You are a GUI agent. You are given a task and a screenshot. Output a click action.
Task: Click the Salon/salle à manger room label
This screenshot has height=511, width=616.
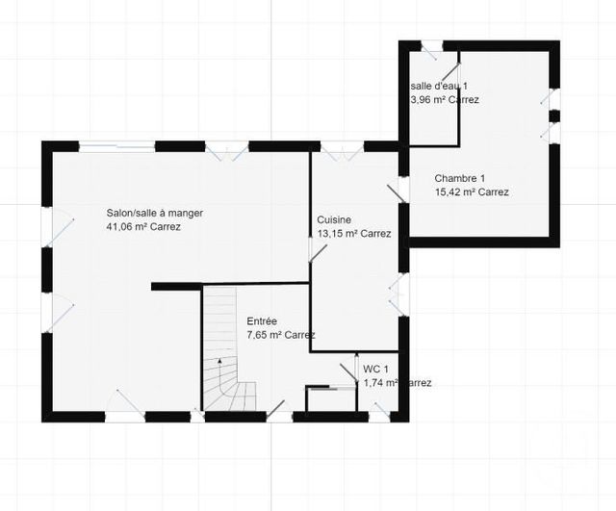[x=154, y=214]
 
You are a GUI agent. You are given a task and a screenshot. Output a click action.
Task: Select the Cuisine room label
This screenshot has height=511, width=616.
[x=334, y=219]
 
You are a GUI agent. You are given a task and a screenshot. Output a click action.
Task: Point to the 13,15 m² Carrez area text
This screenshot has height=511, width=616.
[x=353, y=234]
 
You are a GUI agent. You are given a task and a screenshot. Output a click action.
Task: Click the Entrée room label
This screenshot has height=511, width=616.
[x=262, y=320]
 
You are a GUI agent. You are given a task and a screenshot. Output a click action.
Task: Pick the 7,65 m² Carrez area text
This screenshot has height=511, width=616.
[x=280, y=335]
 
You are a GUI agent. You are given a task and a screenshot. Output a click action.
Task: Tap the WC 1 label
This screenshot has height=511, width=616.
[x=375, y=369]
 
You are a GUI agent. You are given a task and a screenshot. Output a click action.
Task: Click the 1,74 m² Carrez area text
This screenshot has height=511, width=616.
[x=397, y=383]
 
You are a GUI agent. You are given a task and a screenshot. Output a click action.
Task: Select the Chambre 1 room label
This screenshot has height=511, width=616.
[x=459, y=178]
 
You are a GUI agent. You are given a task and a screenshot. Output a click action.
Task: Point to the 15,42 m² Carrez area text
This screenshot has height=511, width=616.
[x=472, y=192]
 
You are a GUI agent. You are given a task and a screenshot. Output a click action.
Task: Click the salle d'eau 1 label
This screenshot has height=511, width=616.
[x=439, y=86]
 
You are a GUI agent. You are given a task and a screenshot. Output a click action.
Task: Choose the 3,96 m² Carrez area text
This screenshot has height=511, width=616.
[x=445, y=100]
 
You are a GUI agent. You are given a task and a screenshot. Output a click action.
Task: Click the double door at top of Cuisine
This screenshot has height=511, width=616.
[x=341, y=150]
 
